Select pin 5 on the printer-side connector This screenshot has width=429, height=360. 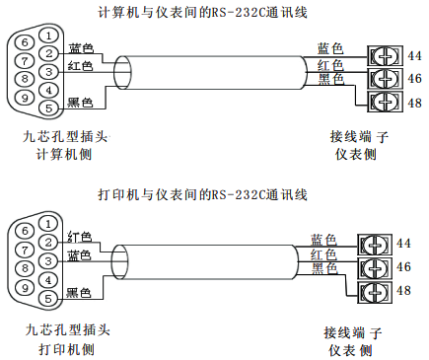(46, 299)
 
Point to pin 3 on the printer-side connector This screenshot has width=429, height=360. (46, 261)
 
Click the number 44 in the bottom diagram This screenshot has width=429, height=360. (403, 244)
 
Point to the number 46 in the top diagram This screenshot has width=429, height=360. (415, 78)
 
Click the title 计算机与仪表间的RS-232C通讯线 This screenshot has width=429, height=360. (214, 13)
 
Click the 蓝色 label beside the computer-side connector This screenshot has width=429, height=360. (81, 49)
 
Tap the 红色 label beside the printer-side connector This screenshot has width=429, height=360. (80, 237)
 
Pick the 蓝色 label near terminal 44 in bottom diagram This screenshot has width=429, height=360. (323, 240)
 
